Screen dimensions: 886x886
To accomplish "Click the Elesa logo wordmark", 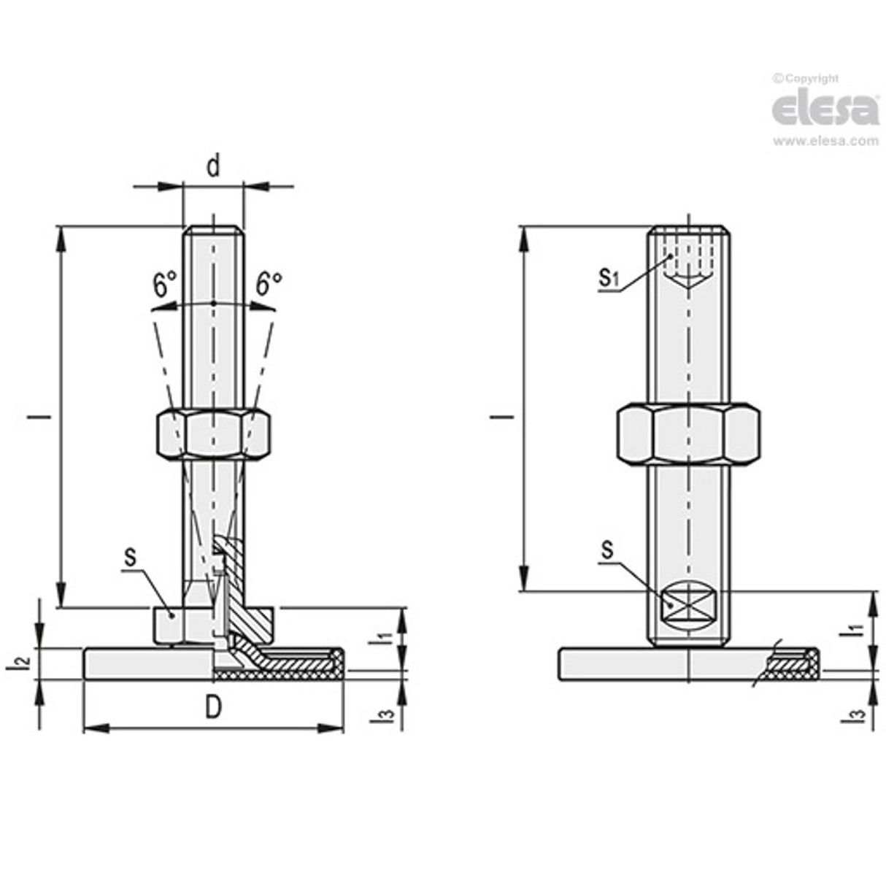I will click(x=825, y=109).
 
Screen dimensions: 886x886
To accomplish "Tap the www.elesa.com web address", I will click(x=825, y=142).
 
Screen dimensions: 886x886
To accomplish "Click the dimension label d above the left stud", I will click(x=212, y=167).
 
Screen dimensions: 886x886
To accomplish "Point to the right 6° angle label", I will click(x=269, y=283).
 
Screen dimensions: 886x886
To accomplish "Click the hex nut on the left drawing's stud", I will click(x=214, y=434).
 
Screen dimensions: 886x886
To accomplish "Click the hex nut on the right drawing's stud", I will click(x=688, y=433).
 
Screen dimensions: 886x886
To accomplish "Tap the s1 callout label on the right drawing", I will click(x=609, y=277).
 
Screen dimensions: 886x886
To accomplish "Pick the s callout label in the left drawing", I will click(x=130, y=557).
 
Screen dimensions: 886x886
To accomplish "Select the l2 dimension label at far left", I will click(x=23, y=663).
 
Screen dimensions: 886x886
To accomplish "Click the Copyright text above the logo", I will click(x=806, y=79).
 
